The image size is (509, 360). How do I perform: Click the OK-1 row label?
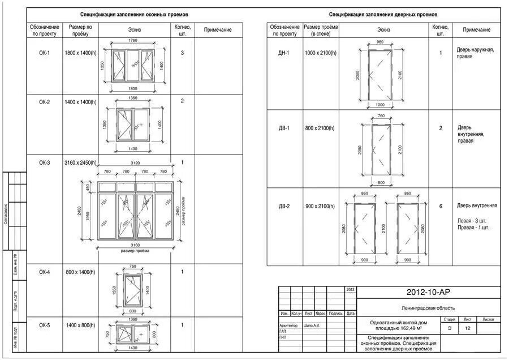[x=45, y=53]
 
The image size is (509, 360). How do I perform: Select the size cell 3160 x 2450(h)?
[x=81, y=163]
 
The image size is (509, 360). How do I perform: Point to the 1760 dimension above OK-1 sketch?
[x=133, y=41]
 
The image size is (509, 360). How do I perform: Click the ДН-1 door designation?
[x=284, y=53]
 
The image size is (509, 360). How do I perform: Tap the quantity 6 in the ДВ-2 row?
[x=441, y=206]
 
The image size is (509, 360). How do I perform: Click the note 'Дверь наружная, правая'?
[x=476, y=53]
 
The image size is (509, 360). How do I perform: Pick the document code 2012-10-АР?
[x=428, y=292]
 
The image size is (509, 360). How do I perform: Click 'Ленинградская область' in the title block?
[x=429, y=308]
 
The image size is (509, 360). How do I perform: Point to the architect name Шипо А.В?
[x=312, y=325]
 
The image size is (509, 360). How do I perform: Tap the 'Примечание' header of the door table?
[x=476, y=29]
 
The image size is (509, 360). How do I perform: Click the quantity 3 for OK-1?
[x=182, y=53]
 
